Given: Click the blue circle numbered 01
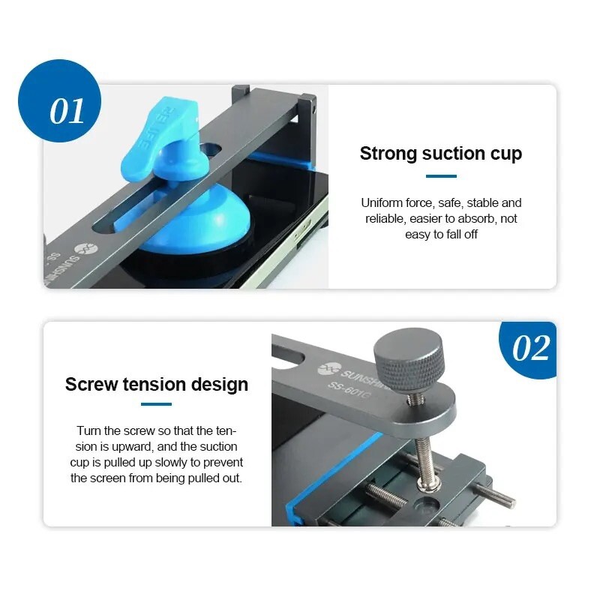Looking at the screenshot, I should (59, 101).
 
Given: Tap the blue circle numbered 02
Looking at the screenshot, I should (529, 349).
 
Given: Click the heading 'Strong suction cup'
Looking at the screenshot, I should (441, 154).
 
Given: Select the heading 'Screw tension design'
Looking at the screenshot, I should (157, 385).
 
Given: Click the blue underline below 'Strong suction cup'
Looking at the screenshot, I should (441, 176).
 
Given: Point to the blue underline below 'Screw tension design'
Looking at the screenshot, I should (157, 404).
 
